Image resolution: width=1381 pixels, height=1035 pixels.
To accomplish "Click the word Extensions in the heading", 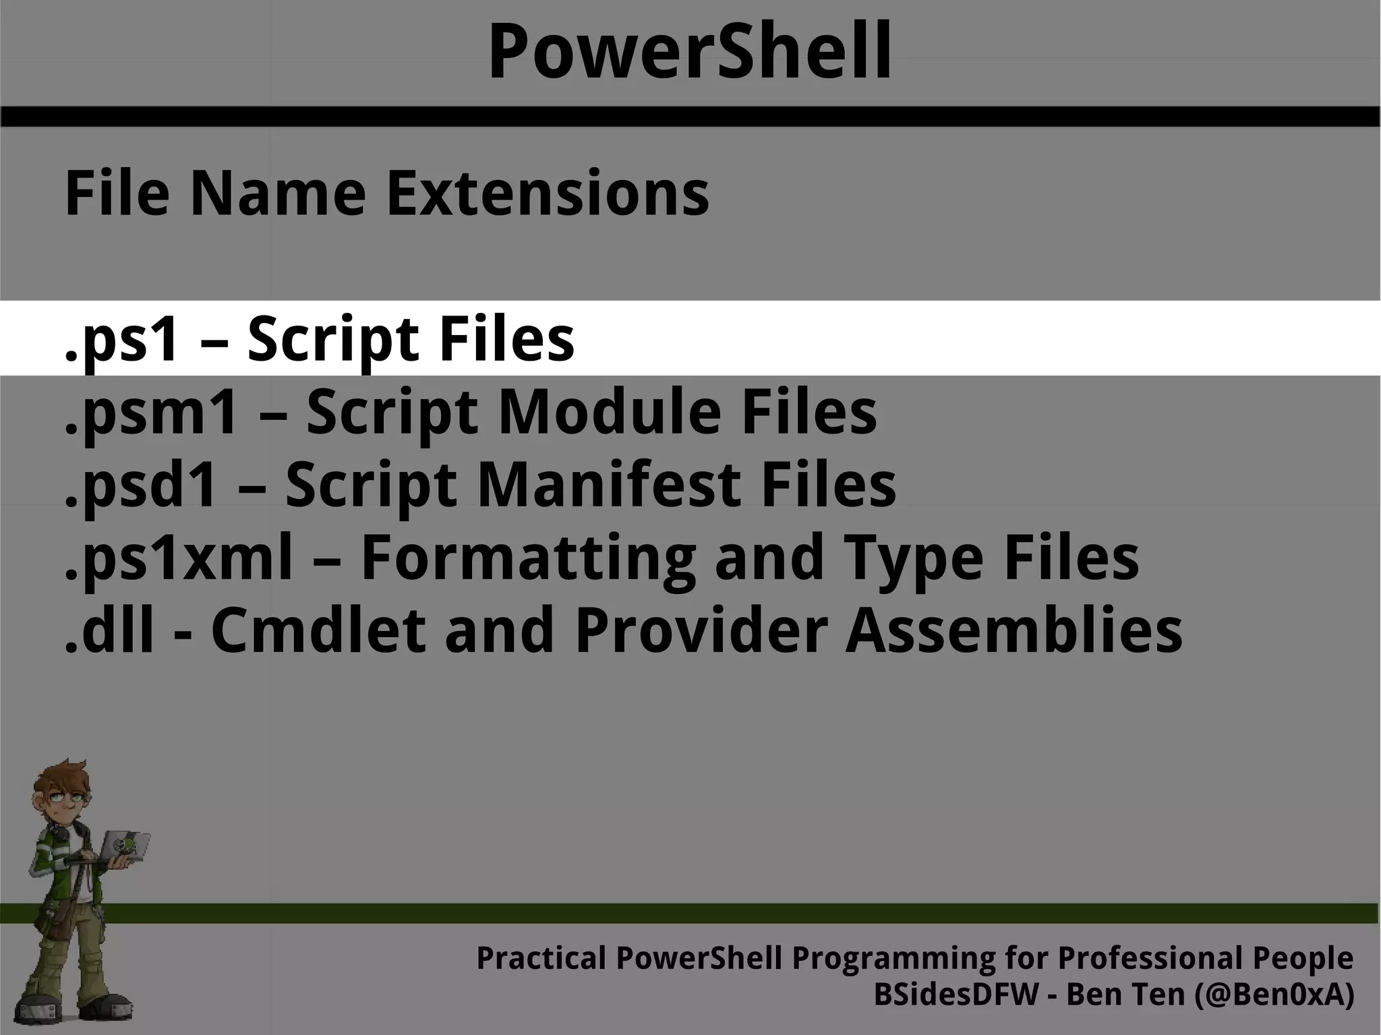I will click(x=547, y=194).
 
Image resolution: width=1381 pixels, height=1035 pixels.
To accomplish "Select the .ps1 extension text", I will click(x=122, y=339).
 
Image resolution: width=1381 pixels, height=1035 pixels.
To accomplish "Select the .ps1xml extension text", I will click(x=179, y=558).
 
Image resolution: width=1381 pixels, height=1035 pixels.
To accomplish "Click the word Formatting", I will click(x=528, y=558).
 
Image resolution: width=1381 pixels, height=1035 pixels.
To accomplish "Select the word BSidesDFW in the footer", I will click(x=956, y=995).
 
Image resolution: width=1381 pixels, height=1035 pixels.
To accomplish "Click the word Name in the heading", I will click(x=278, y=194).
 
